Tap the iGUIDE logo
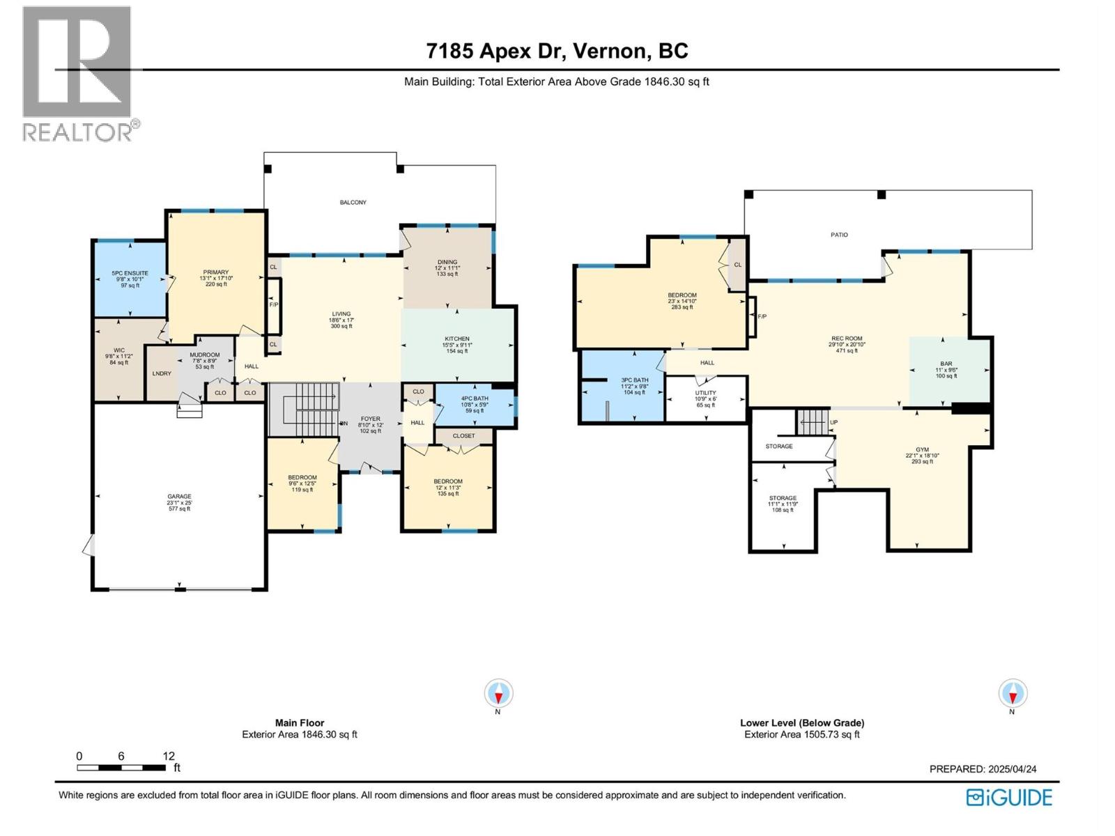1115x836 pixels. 1009,797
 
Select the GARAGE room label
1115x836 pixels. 179,497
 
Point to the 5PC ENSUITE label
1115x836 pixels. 130,273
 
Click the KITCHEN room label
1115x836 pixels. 457,339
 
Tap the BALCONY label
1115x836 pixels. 353,203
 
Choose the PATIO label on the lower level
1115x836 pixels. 839,235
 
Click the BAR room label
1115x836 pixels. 946,364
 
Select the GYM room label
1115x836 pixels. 922,449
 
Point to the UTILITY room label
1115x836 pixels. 705,393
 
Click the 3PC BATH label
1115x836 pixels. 634,380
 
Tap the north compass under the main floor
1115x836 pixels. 498,694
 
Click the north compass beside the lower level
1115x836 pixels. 1012,694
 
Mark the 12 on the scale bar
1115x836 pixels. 169,756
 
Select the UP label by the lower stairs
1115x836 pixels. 833,423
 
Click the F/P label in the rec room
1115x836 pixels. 762,317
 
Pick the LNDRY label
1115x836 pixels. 162,374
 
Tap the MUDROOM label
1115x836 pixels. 205,355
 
